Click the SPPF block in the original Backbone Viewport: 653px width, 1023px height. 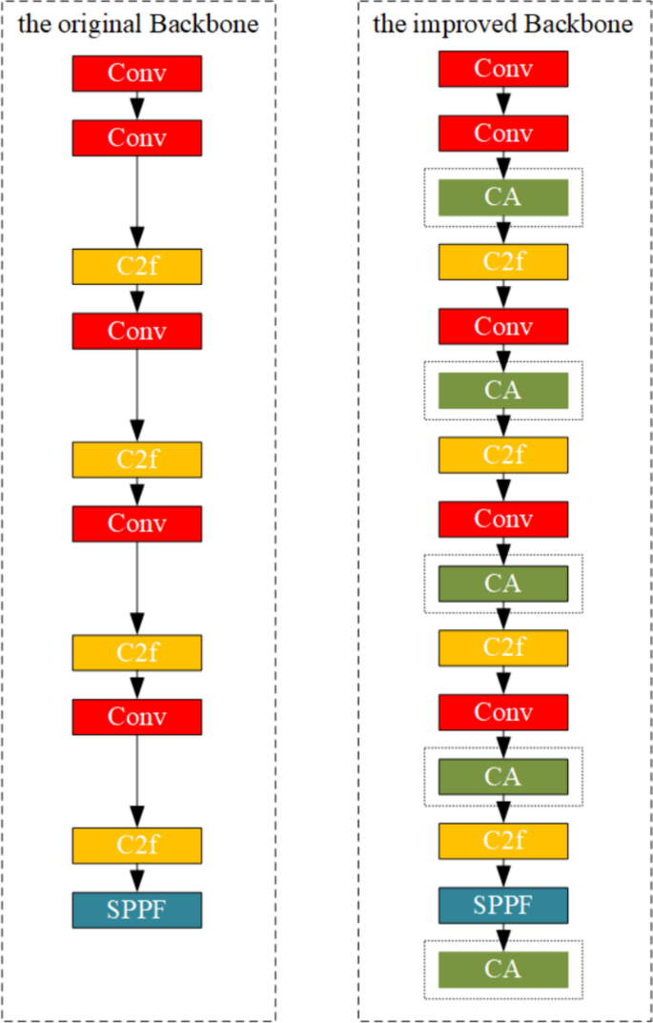(136, 910)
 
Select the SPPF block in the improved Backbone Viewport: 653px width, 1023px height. (502, 905)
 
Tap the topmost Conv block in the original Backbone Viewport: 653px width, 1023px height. (136, 73)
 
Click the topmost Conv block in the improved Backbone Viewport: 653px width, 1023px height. (502, 69)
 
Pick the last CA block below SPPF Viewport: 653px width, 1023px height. (502, 970)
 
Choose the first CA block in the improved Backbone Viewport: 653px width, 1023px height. (502, 197)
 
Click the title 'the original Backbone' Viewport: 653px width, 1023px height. (138, 24)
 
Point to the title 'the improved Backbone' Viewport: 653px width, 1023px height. (502, 24)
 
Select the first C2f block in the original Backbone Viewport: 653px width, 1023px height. (136, 266)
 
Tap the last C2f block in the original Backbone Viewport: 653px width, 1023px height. (136, 845)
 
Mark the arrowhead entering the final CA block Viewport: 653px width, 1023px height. (502, 937)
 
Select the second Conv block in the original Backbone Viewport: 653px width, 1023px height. (136, 137)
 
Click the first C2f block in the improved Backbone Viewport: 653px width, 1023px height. (502, 261)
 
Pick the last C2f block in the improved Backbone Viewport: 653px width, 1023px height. (502, 840)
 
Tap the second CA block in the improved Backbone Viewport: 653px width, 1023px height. (502, 390)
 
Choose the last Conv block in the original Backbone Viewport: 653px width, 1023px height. (136, 716)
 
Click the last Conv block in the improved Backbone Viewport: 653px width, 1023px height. (502, 711)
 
